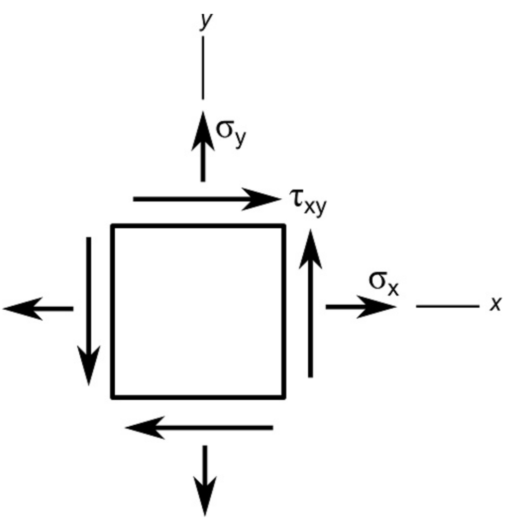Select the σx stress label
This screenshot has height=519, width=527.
point(383,283)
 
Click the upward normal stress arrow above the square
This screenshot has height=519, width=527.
point(203,147)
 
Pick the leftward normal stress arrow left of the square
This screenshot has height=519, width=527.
point(39,309)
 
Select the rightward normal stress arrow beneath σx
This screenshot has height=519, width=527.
point(360,307)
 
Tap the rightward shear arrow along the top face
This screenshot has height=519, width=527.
point(206,198)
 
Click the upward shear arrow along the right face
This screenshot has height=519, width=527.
point(310,304)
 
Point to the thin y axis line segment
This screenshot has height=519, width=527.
point(203,67)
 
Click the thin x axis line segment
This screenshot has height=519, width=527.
point(447,307)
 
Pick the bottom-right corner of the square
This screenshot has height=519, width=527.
point(284,396)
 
